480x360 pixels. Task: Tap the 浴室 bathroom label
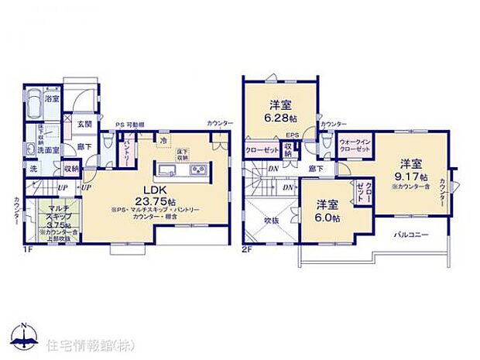(52, 100)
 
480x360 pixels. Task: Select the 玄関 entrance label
(84, 124)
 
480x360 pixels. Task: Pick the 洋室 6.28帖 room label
(280, 111)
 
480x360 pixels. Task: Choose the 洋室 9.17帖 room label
(410, 170)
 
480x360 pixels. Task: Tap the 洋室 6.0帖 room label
(328, 210)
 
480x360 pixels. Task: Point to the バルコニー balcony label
(411, 233)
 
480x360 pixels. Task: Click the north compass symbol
(25, 335)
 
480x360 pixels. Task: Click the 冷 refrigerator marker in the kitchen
(163, 140)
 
